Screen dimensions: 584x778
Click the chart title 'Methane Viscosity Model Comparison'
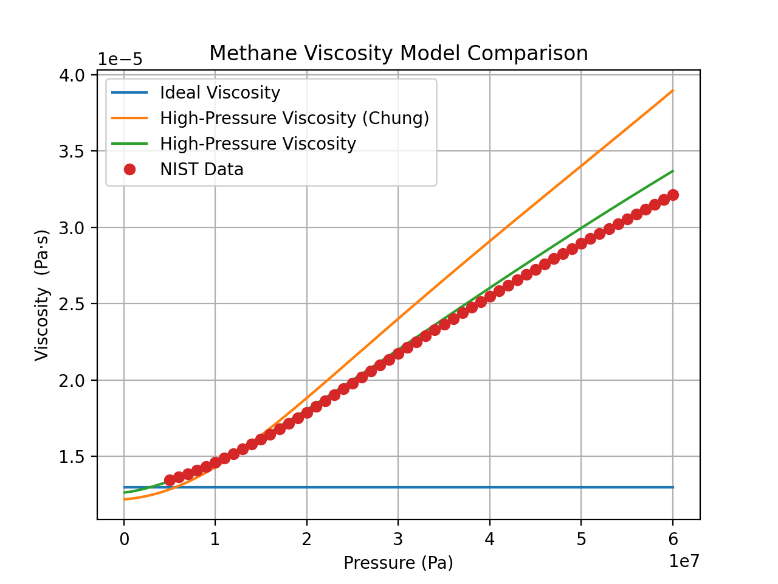(398, 54)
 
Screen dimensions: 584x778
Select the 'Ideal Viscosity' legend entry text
(219, 92)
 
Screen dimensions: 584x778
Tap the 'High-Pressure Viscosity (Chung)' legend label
(294, 118)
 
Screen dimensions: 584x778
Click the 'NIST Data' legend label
(201, 169)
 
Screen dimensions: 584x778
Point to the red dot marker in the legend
(129, 169)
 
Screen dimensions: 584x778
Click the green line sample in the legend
(129, 144)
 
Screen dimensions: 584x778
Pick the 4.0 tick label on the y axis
(74, 75)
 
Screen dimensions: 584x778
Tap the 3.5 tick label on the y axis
(74, 151)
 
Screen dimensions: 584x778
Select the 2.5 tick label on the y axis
(74, 304)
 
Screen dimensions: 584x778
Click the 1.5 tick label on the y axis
(74, 457)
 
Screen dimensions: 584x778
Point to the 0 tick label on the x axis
(124, 539)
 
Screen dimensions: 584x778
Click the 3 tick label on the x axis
(398, 539)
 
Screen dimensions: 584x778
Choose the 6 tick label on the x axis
(673, 539)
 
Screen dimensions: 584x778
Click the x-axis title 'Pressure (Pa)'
(398, 563)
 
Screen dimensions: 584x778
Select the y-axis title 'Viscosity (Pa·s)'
(41, 295)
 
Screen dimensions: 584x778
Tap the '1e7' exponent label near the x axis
(684, 561)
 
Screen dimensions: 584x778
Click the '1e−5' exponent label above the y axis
(120, 60)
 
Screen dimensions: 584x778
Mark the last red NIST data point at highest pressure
(673, 195)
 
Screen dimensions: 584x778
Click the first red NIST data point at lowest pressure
(170, 480)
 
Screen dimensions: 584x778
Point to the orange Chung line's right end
(673, 91)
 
